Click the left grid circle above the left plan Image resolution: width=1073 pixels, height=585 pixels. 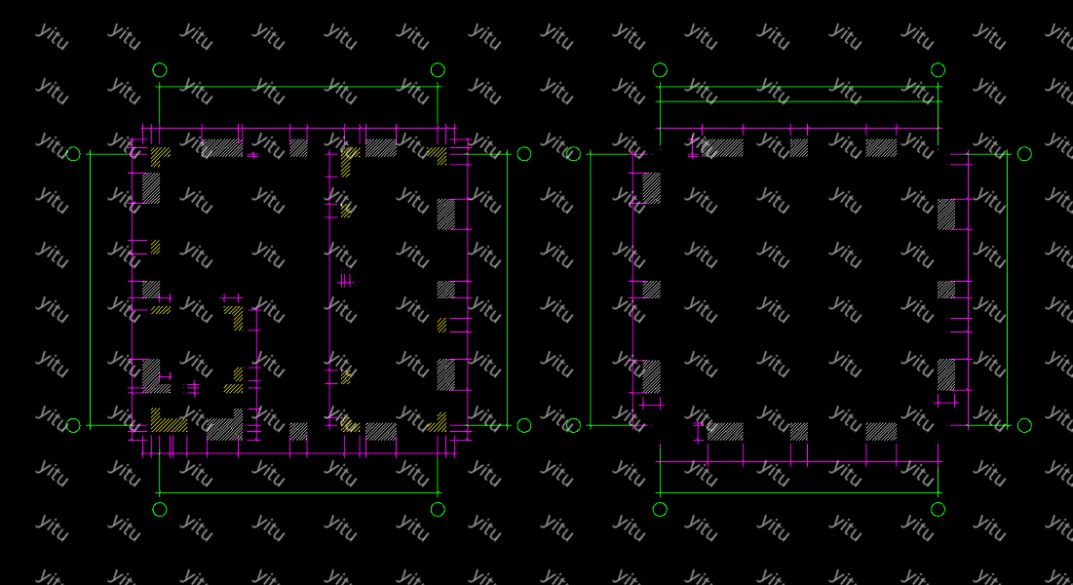[x=160, y=70]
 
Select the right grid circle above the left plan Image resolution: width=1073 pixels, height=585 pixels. [x=438, y=70]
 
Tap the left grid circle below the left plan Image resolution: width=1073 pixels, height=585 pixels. [x=160, y=509]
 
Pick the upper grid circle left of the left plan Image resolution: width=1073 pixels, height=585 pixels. [x=73, y=154]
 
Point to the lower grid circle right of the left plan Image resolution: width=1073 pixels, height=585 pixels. [x=524, y=425]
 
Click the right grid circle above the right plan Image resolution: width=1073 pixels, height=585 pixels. [x=938, y=70]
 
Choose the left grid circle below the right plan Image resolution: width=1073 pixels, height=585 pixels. [x=660, y=509]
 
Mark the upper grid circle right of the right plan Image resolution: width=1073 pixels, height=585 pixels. [x=1024, y=154]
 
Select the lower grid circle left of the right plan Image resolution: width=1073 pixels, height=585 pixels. [x=573, y=425]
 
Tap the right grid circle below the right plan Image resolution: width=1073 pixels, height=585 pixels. [x=938, y=509]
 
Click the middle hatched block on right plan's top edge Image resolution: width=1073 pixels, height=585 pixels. [x=798, y=147]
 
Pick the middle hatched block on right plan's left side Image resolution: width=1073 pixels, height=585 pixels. [x=651, y=290]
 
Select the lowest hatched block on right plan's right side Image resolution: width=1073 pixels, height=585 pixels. [x=946, y=375]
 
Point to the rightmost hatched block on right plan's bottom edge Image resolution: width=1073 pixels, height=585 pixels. [x=881, y=431]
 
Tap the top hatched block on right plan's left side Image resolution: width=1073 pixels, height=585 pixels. [x=651, y=187]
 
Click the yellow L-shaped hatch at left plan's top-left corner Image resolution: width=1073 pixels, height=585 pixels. [x=159, y=154]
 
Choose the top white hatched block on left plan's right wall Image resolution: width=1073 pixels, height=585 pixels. [x=446, y=214]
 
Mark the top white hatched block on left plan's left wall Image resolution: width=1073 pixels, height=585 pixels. [x=151, y=187]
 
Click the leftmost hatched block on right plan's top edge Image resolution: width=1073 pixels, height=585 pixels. [x=723, y=147]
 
